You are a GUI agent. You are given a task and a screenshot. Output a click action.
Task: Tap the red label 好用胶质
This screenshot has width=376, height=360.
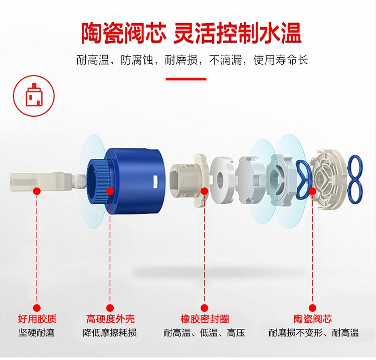click(x=37, y=319)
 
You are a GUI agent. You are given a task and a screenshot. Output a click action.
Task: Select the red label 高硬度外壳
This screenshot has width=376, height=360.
click(x=110, y=319)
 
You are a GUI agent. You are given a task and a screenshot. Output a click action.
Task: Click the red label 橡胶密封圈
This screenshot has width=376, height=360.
click(x=205, y=319)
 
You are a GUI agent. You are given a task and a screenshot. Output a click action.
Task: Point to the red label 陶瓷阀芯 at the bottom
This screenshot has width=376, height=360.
click(x=313, y=319)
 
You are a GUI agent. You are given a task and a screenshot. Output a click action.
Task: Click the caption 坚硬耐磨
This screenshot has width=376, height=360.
click(x=37, y=332)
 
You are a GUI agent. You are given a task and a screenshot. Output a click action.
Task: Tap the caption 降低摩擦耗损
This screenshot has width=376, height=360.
click(x=110, y=332)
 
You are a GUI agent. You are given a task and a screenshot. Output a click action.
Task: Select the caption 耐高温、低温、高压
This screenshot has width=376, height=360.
click(x=205, y=333)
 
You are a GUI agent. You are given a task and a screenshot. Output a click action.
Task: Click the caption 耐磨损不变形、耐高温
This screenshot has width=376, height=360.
click(x=313, y=333)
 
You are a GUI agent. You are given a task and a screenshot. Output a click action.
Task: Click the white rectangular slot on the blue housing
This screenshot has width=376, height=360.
click(x=155, y=182)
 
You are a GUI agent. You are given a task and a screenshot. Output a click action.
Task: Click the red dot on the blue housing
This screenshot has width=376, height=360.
click(x=110, y=191)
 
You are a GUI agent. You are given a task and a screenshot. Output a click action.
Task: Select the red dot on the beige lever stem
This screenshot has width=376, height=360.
click(x=37, y=191)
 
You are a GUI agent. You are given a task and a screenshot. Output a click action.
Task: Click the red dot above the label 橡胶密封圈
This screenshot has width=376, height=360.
click(x=205, y=191)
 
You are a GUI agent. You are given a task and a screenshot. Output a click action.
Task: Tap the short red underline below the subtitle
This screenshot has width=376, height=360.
click(x=186, y=79)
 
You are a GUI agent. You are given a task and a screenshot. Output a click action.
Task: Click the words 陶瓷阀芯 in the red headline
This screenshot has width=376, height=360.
click(x=124, y=33)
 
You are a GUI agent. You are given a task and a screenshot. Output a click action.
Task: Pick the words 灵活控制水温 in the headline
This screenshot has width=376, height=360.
click(x=238, y=33)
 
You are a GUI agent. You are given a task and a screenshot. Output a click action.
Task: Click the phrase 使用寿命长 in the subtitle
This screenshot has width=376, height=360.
click(x=281, y=60)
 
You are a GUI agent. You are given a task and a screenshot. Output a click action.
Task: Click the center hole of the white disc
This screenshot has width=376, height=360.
click(x=220, y=178)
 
